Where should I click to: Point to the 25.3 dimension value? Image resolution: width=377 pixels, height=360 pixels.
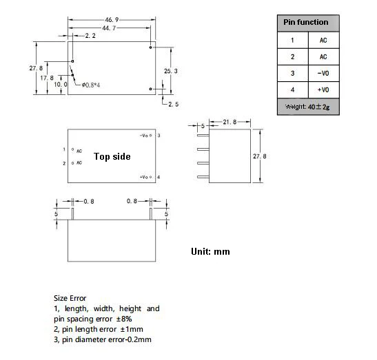tap(172, 71)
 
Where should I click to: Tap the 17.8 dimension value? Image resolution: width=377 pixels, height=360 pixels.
tap(47, 77)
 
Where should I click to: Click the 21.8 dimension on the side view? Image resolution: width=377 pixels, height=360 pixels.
tap(230, 122)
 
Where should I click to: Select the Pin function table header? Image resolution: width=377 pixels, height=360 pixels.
tap(305, 23)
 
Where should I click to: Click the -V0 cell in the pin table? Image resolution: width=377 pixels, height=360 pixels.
tap(323, 73)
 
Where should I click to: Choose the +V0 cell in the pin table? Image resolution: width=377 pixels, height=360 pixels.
tap(323, 89)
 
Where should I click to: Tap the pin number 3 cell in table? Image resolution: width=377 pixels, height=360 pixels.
tap(292, 73)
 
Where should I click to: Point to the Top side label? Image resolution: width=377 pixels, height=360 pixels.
tap(112, 156)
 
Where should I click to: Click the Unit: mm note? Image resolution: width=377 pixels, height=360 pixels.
tap(210, 251)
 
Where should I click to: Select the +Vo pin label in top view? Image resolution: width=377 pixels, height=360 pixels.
tap(145, 177)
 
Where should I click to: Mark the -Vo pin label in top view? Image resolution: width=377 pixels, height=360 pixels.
tap(145, 136)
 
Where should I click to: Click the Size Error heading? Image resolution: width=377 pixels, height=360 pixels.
tap(70, 298)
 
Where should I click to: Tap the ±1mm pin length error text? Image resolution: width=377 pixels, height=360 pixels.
tap(130, 329)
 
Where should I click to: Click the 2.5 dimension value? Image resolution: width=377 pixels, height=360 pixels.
tap(173, 104)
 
